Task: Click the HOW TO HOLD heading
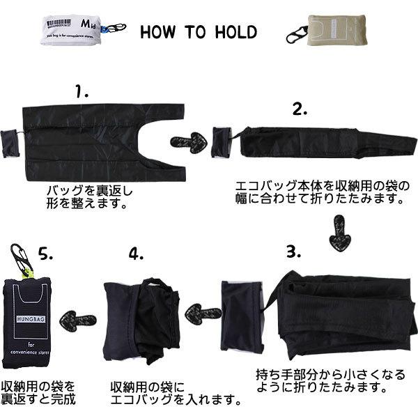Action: (199, 33)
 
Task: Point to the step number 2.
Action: (300, 109)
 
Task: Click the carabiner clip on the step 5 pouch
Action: (20, 258)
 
